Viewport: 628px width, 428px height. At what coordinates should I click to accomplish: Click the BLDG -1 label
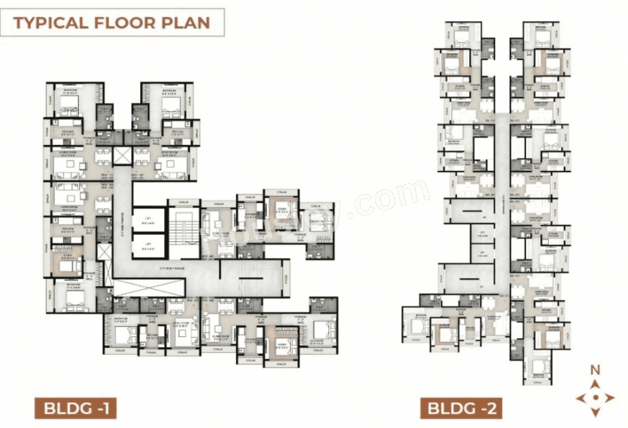75,408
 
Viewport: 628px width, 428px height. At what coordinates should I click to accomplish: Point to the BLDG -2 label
461,408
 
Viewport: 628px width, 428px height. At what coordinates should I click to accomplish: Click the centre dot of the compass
595,398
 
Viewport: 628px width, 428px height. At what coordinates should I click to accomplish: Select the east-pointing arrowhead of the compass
609,398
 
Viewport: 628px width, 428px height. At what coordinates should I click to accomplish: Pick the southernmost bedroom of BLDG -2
540,368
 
